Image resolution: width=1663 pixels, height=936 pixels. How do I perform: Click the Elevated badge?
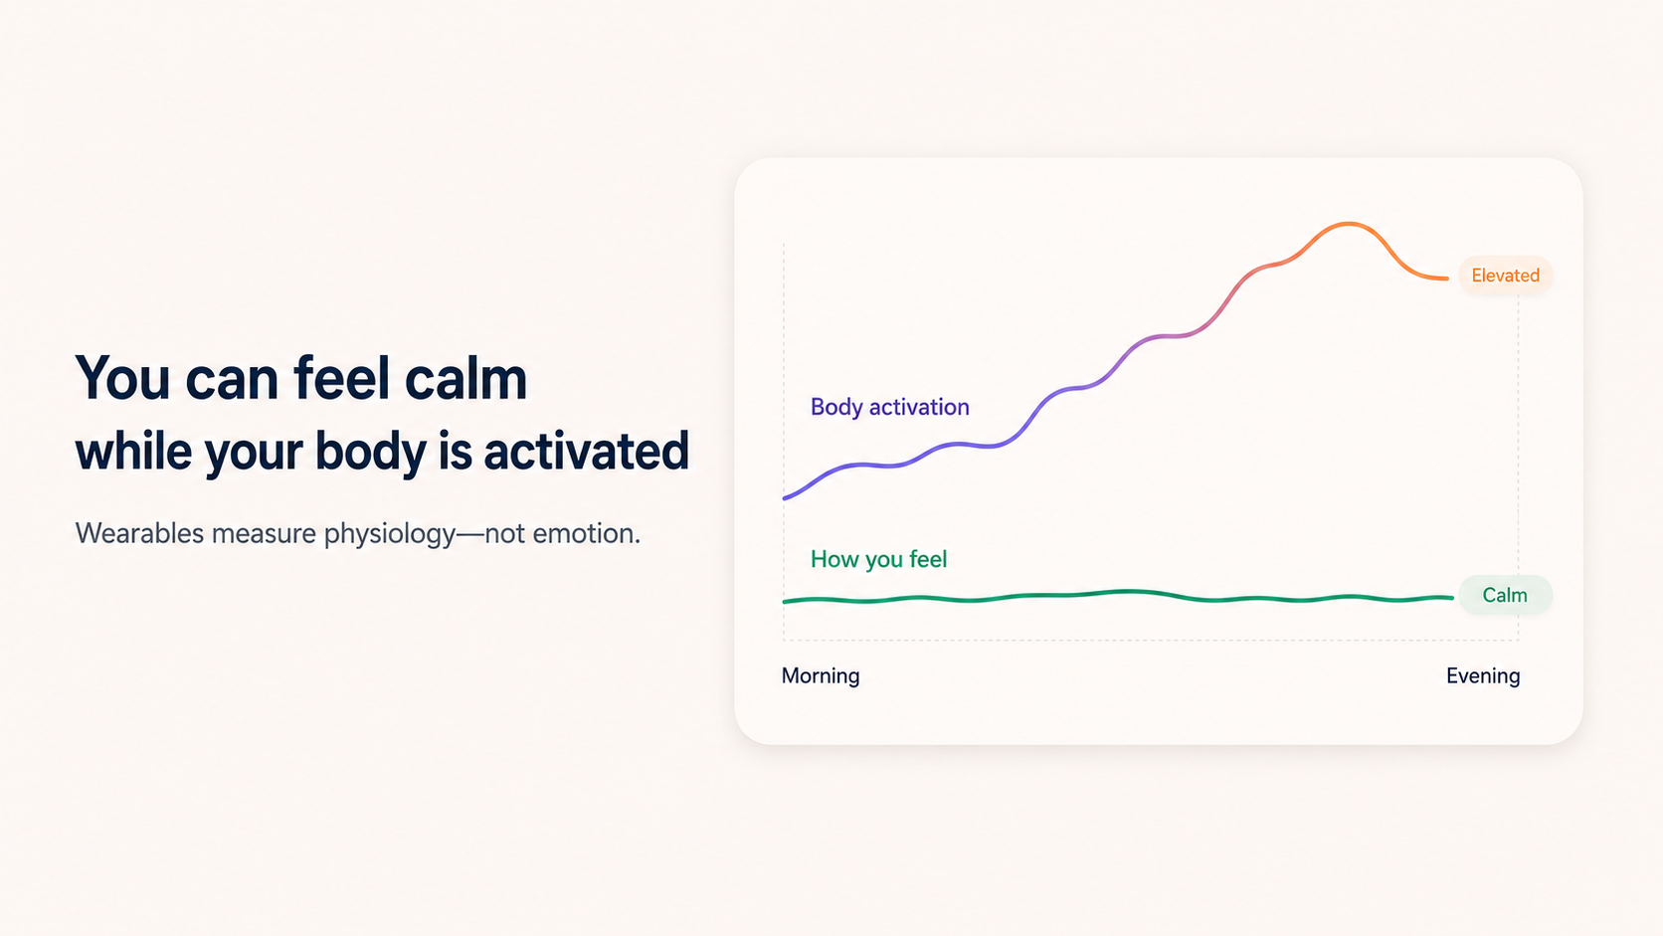pyautogui.click(x=1505, y=276)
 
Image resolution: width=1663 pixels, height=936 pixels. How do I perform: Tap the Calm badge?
pyautogui.click(x=1505, y=595)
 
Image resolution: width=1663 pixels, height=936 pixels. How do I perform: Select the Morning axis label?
pyautogui.click(x=821, y=675)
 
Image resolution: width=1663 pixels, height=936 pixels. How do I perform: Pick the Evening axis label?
pyautogui.click(x=1483, y=675)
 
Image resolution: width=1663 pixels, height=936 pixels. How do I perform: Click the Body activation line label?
pyautogui.click(x=889, y=407)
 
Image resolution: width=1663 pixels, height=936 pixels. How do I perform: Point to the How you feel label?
pyautogui.click(x=878, y=559)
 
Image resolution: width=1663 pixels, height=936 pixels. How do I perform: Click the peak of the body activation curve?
pyautogui.click(x=1348, y=224)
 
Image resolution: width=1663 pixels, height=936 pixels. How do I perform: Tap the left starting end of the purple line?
pyautogui.click(x=785, y=498)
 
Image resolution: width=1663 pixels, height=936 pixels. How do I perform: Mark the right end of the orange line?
pyautogui.click(x=1447, y=279)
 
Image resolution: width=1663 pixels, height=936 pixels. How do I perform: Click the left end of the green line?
pyautogui.click(x=785, y=601)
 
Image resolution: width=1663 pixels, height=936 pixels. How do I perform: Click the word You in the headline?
pyautogui.click(x=122, y=379)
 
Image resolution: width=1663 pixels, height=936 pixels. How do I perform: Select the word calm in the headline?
pyautogui.click(x=466, y=379)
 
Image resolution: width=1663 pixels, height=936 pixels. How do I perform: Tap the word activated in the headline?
pyautogui.click(x=587, y=452)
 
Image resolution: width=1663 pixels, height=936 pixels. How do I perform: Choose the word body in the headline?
pyautogui.click(x=370, y=452)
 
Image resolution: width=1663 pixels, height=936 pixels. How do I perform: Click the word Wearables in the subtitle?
pyautogui.click(x=139, y=533)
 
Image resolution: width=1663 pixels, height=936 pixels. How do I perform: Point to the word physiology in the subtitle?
pyautogui.click(x=390, y=534)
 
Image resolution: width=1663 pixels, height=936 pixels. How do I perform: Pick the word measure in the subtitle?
pyautogui.click(x=264, y=534)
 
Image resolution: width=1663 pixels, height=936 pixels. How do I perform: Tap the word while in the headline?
pyautogui.click(x=133, y=452)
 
